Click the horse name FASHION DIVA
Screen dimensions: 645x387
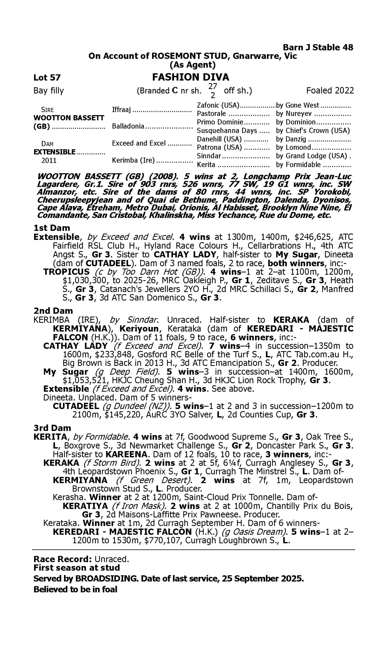[x=190, y=77]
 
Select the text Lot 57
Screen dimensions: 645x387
[x=47, y=77]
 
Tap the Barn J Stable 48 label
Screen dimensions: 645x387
[x=318, y=47]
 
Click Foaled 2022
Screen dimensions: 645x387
[x=330, y=91]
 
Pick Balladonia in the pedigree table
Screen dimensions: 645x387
[x=128, y=126]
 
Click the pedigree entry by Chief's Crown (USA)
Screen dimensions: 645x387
[x=312, y=130]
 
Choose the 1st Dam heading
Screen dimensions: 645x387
[x=52, y=228]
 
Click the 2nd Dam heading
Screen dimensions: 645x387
[x=53, y=311]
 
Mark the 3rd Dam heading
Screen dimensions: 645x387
[x=52, y=428]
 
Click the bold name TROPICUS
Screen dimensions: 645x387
[x=66, y=272]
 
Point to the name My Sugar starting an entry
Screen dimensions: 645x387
[x=66, y=372]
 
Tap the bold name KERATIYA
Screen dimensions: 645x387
[x=85, y=506]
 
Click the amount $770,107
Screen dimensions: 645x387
[x=162, y=541]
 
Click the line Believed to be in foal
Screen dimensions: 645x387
[x=75, y=589]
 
